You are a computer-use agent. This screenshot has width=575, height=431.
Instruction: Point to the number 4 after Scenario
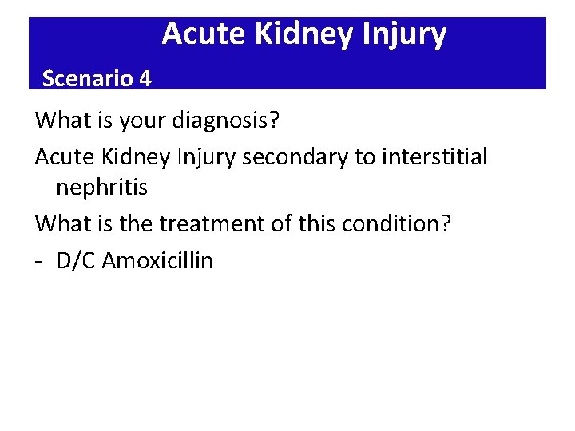pyautogui.click(x=144, y=78)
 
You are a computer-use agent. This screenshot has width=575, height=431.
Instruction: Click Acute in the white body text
pyautogui.click(x=63, y=156)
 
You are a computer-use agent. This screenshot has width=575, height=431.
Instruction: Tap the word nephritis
pyautogui.click(x=101, y=189)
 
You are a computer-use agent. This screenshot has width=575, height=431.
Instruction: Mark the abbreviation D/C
pyautogui.click(x=77, y=260)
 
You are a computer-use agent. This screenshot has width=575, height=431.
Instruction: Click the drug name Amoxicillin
pyautogui.click(x=158, y=260)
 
